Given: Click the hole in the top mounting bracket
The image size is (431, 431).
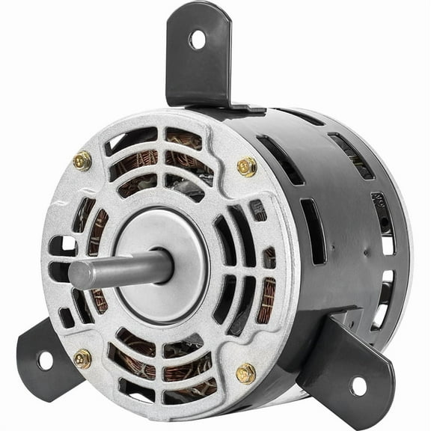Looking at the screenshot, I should pyautogui.click(x=197, y=39).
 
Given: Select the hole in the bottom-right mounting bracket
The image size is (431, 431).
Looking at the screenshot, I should pyautogui.click(x=358, y=386).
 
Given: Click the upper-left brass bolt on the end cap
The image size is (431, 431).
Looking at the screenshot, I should pyautogui.click(x=82, y=159).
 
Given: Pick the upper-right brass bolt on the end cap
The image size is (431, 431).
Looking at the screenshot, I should pyautogui.click(x=247, y=166).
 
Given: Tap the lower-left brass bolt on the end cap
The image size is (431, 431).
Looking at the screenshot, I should pyautogui.click(x=83, y=358).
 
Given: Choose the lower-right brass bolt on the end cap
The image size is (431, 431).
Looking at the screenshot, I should pyautogui.click(x=245, y=373).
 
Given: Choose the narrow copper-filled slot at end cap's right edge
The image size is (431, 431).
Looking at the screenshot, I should pyautogui.click(x=267, y=299).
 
